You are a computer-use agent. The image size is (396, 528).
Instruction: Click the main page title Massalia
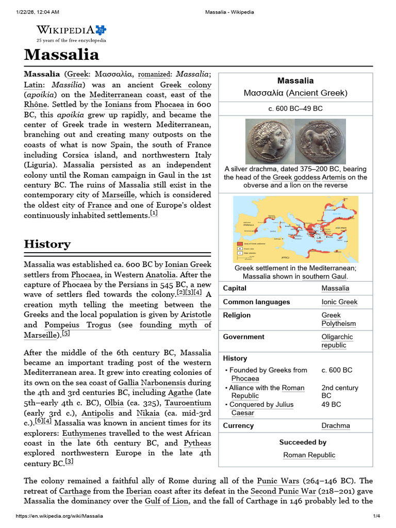[x=61, y=54]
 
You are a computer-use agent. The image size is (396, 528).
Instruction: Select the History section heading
[x=47, y=244]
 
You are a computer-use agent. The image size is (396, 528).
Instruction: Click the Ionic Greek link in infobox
[x=339, y=302]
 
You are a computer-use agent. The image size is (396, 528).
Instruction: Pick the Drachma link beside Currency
[x=335, y=425]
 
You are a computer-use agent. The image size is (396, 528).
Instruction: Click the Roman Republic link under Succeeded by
[x=309, y=455]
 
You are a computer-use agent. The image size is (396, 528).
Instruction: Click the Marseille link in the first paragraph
[x=118, y=195]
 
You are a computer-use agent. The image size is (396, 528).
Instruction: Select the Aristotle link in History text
[x=195, y=314]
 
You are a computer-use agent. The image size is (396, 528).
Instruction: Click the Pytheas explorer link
[x=197, y=443]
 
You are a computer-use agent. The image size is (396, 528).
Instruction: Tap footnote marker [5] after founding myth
[x=65, y=334]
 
